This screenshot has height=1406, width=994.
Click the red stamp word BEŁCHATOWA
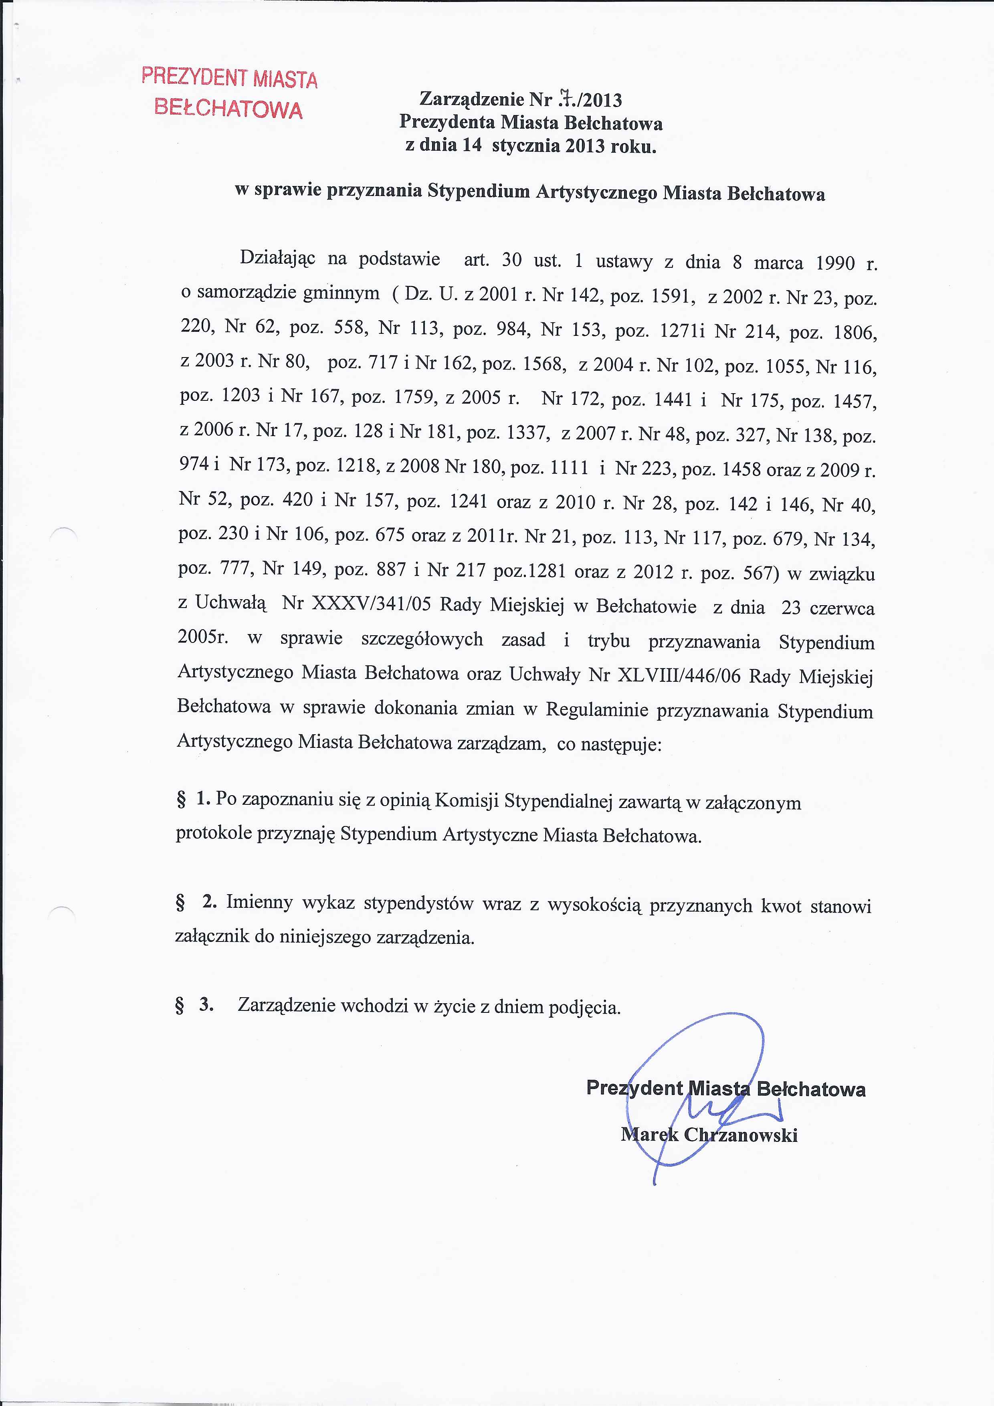[228, 108]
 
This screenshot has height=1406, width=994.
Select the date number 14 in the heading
[472, 146]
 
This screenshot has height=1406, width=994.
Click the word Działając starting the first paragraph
[277, 257]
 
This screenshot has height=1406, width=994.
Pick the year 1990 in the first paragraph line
[835, 263]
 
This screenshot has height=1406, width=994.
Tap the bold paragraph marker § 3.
[194, 1004]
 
